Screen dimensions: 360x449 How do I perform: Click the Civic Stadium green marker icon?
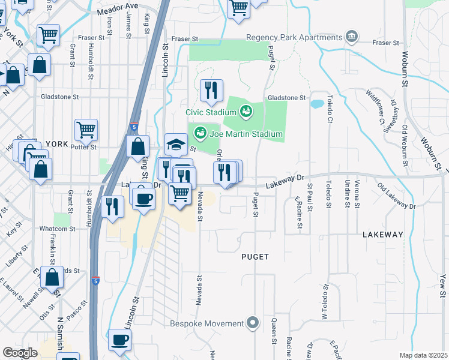(245, 111)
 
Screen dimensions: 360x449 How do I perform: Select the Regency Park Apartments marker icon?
(352, 37)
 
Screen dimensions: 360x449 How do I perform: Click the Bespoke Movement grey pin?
(253, 323)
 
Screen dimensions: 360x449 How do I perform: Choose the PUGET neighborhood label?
(255, 257)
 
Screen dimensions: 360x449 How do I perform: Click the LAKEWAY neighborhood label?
(383, 235)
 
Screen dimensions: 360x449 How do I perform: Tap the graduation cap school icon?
(175, 145)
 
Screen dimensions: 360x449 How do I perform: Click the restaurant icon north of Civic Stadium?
(211, 91)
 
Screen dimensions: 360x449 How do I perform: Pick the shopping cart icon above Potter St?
(86, 129)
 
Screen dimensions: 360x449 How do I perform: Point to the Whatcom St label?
(58, 229)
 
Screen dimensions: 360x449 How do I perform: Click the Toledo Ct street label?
(330, 109)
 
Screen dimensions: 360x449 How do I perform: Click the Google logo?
(20, 353)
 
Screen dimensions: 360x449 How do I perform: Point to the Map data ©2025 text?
(424, 355)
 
